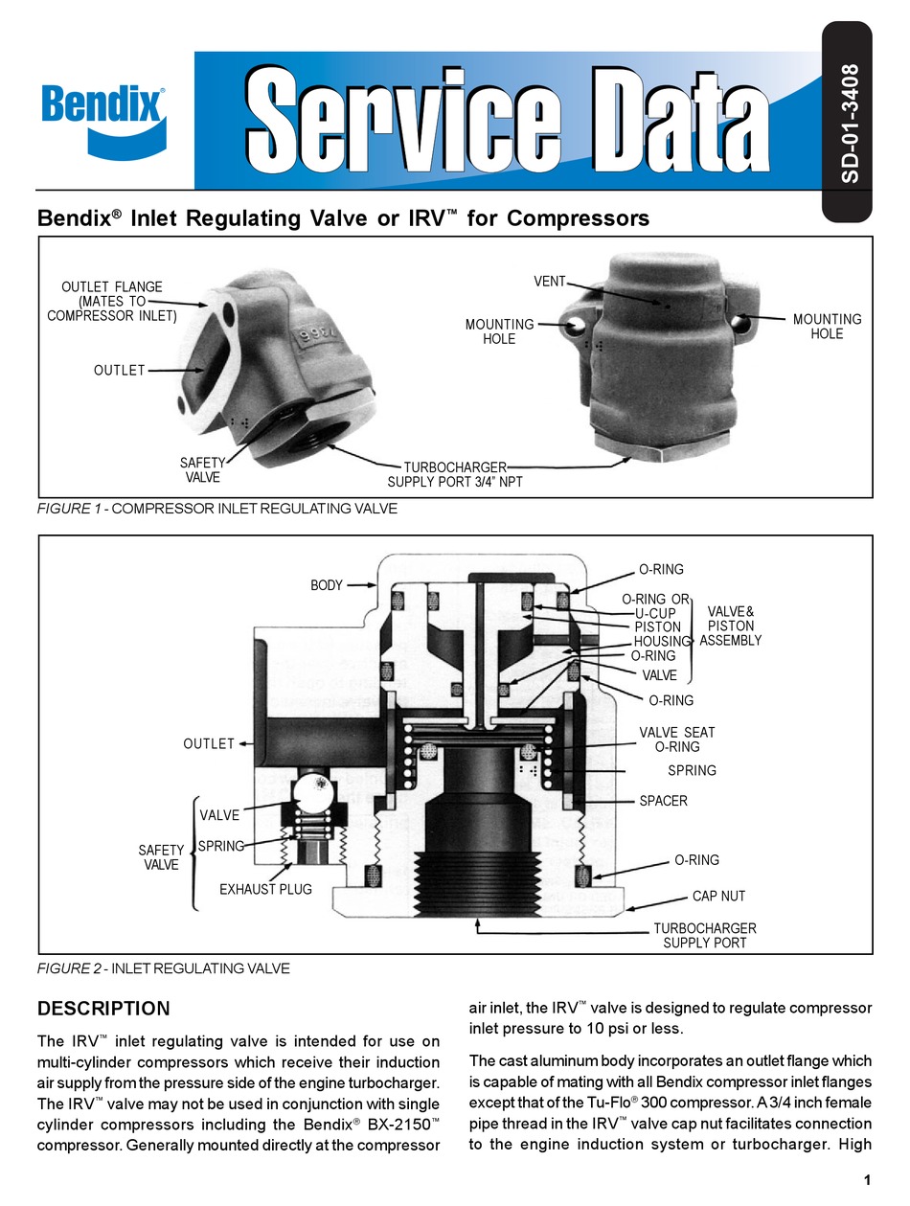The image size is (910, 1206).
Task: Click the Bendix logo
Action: pos(102,116)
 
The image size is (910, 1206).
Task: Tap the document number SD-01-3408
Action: pos(848,124)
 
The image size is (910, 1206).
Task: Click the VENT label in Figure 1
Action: pos(550,282)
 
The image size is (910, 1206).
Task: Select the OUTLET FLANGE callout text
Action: pos(112,301)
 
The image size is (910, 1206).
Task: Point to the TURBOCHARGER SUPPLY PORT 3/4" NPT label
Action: pos(455,474)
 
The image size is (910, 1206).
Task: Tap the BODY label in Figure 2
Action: pos(326,585)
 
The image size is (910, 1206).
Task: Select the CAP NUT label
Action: pos(718,897)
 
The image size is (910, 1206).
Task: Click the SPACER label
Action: pos(663,800)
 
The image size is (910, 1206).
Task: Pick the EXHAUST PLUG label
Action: pos(266,889)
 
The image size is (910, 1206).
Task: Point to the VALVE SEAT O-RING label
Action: pos(676,740)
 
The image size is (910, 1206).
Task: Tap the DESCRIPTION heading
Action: pos(102,1008)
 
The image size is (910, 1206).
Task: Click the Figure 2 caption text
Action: pos(163,968)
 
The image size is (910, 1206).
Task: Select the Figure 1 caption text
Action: pos(216,509)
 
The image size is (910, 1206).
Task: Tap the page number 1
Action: pos(867,1180)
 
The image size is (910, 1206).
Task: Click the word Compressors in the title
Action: pos(578,218)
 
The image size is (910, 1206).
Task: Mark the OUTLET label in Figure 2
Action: pos(209,743)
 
